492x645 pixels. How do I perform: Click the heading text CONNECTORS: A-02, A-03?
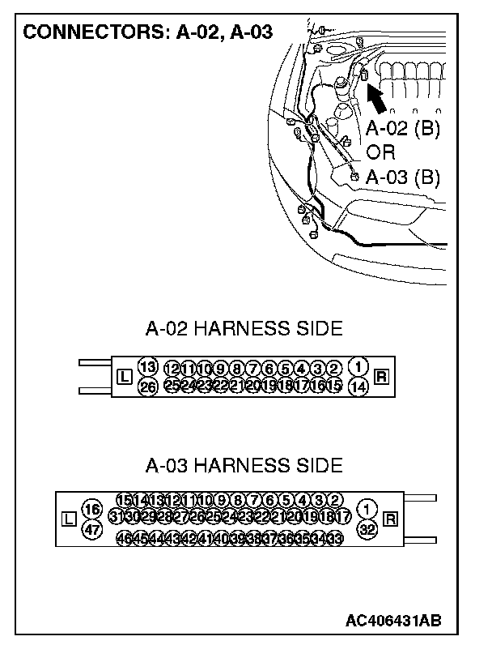pos(147,33)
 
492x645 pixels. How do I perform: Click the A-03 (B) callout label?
pos(402,177)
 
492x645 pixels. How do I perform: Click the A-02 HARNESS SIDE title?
pos(244,329)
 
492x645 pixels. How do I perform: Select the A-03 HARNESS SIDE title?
pos(244,466)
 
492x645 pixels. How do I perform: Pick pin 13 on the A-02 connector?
pos(146,367)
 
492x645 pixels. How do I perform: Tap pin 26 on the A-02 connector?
pos(146,387)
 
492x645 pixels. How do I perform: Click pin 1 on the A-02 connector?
pos(359,365)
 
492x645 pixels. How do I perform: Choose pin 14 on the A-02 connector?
pos(359,387)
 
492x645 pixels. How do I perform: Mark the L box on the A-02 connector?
pos(123,377)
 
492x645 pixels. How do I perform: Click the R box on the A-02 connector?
pos(382,377)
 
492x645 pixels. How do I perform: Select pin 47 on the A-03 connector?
pos(91,529)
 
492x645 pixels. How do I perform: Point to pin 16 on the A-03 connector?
pos(91,510)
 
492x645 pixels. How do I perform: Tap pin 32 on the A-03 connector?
pos(368,529)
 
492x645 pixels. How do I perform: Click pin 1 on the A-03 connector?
pos(368,509)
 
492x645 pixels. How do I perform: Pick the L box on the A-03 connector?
pos(69,519)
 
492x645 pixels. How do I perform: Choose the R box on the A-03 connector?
pos(391,519)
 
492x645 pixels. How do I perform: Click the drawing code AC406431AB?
pos(393,621)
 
